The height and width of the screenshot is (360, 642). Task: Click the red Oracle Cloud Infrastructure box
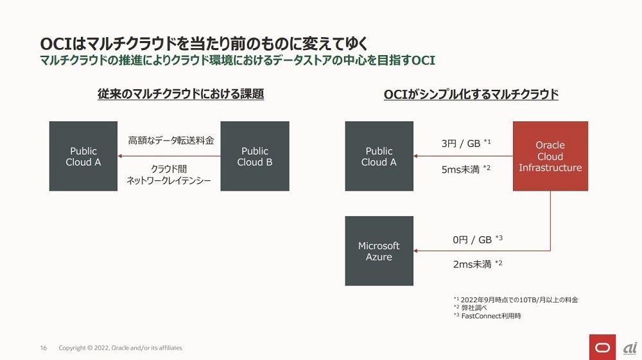tap(550, 156)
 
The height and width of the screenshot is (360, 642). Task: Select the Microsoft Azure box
tap(379, 251)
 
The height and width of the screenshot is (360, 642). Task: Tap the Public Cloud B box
tap(255, 156)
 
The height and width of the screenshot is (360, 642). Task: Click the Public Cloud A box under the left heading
tap(83, 156)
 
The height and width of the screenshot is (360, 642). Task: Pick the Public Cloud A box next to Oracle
tap(379, 156)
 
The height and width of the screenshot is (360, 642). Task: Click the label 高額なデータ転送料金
tap(171, 141)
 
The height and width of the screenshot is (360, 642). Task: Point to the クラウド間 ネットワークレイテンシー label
tap(169, 175)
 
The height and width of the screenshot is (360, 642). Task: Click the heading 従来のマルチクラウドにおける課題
tap(180, 94)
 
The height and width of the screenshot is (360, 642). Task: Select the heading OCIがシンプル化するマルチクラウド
tap(471, 94)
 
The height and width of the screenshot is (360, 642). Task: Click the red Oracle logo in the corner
tap(602, 347)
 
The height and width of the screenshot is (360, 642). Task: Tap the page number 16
tap(44, 348)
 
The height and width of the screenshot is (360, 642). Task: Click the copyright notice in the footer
tap(121, 348)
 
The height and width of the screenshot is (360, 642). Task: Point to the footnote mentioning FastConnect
tap(487, 316)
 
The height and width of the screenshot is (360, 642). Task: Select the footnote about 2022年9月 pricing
tap(516, 300)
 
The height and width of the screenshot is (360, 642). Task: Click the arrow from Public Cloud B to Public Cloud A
tap(169, 156)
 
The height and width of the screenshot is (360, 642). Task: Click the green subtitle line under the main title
tap(238, 60)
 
